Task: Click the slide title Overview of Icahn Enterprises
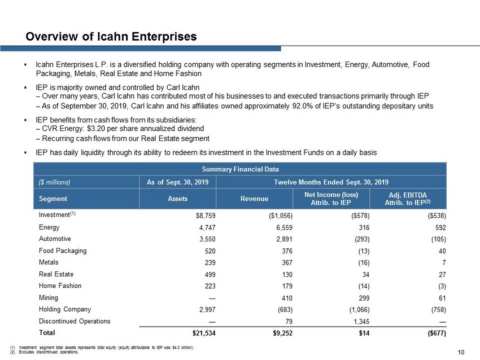coord(111,37)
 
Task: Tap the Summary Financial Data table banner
coord(241,169)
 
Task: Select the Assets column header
coord(177,199)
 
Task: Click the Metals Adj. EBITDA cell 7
coord(444,262)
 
